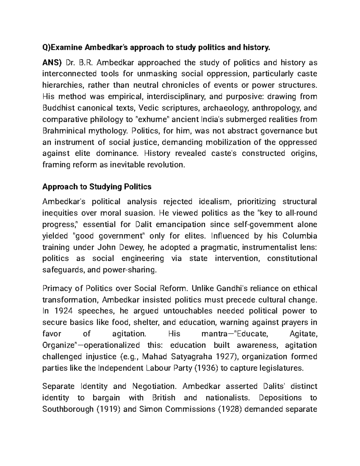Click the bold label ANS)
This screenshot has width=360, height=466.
point(52,63)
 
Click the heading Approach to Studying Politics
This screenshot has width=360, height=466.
point(97,187)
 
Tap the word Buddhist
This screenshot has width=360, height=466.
point(57,108)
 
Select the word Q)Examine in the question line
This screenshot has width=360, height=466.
point(62,47)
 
